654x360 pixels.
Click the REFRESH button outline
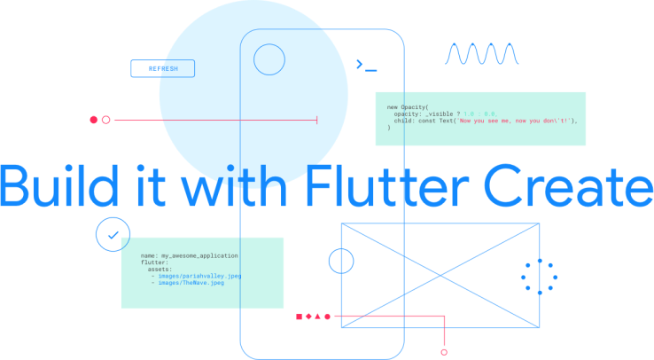point(162,68)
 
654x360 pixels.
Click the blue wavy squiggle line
point(481,55)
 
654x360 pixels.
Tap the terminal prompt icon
point(365,65)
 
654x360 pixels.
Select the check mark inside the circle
point(112,235)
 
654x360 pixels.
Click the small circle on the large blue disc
point(269,60)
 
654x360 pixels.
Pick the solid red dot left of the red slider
point(93,120)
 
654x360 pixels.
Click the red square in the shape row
point(300,316)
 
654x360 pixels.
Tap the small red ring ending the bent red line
point(443,351)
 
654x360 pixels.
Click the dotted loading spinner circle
point(538,277)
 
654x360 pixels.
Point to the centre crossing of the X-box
point(440,275)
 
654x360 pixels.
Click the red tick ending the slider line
point(317,120)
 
